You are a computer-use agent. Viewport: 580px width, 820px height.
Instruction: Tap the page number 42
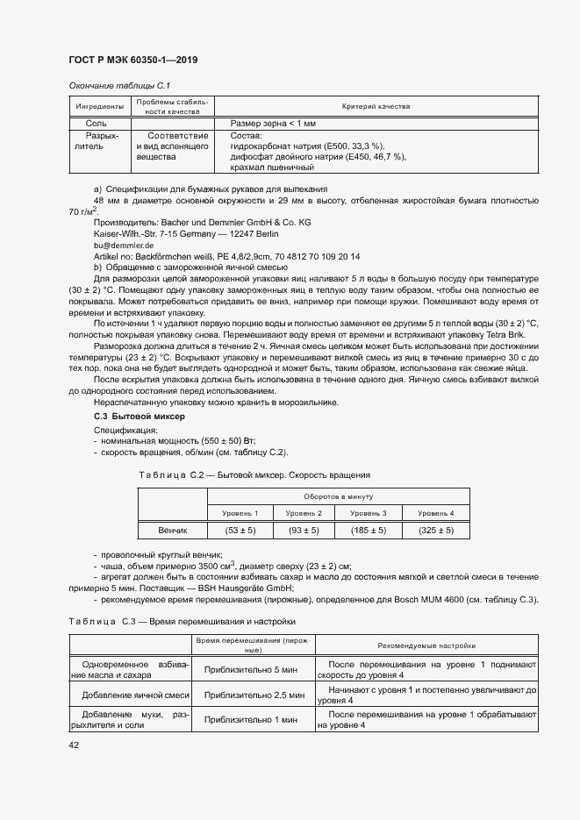tap(74, 745)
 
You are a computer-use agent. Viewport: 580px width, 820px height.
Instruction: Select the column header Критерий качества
tap(382, 105)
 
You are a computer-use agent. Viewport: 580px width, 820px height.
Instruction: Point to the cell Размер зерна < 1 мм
tap(272, 124)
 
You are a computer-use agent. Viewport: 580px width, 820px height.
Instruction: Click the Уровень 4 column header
tap(436, 512)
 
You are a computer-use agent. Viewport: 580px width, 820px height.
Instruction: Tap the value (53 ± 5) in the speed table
tap(240, 531)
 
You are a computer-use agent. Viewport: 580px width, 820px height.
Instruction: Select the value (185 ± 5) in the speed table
tap(369, 531)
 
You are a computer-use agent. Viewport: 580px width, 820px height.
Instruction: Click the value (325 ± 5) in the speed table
tap(436, 531)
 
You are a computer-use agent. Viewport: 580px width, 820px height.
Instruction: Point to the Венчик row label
tap(172, 531)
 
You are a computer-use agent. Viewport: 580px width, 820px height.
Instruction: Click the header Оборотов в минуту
tap(339, 496)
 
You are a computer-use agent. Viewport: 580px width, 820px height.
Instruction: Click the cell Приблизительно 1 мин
tap(254, 720)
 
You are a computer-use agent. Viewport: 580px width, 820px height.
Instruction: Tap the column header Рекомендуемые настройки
tap(426, 645)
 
